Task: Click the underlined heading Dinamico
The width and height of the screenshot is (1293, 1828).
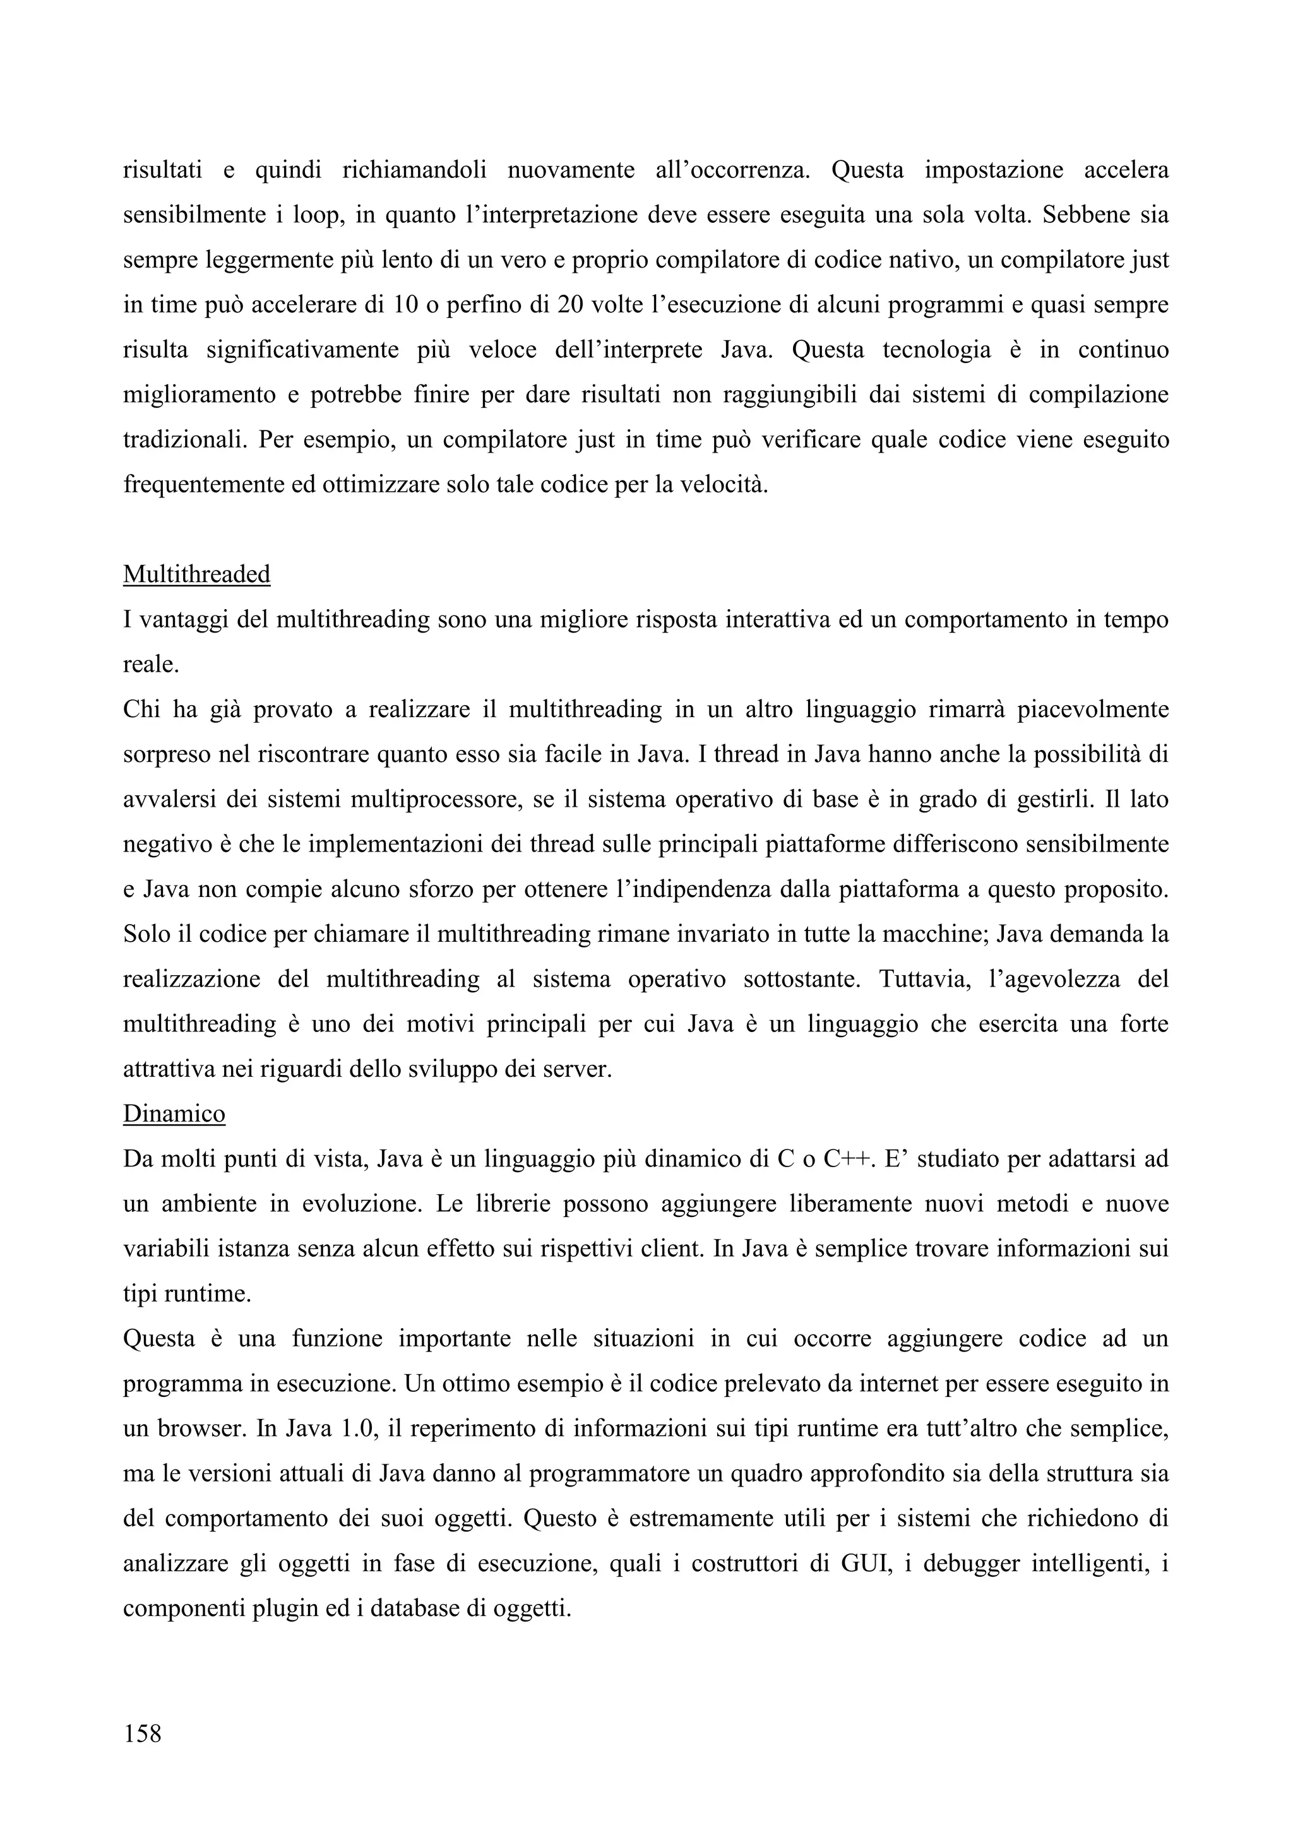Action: (x=174, y=1114)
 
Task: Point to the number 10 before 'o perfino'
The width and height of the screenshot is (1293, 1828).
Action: (x=406, y=305)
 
